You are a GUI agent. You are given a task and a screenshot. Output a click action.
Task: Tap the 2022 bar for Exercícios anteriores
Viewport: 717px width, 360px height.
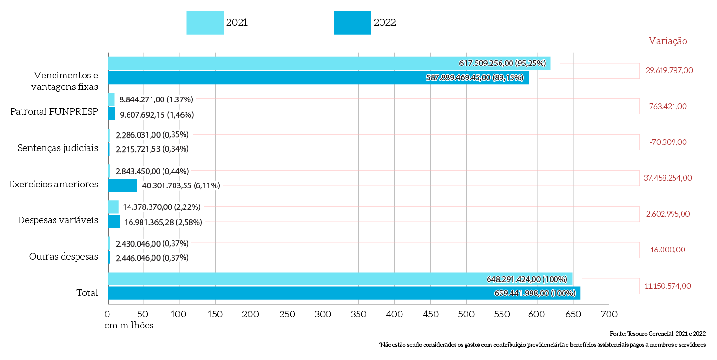click(x=122, y=185)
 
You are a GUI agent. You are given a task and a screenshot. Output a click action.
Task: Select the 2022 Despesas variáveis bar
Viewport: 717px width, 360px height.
click(x=114, y=221)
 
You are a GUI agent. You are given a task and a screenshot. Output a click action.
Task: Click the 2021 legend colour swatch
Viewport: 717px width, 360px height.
click(x=205, y=22)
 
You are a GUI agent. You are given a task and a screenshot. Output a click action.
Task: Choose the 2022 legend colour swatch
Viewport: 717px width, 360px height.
click(x=352, y=22)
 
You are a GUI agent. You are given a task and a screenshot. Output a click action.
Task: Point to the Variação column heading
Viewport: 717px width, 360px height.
click(x=668, y=41)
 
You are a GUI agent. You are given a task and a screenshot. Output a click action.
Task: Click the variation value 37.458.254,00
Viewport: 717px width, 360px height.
click(x=668, y=178)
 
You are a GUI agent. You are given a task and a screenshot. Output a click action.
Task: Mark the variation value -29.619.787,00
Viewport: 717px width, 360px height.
click(x=668, y=70)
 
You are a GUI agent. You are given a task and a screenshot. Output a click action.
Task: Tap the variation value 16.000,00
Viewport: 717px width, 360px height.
click(x=668, y=250)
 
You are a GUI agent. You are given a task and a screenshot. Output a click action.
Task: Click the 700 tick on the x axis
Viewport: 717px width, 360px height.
click(x=609, y=315)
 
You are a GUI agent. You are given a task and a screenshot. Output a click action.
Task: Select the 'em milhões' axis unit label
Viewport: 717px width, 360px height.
click(x=129, y=326)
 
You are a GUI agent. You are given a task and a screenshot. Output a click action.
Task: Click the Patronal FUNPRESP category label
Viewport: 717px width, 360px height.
click(x=54, y=112)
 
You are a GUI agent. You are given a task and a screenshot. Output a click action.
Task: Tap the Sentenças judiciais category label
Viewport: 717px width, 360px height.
click(x=58, y=148)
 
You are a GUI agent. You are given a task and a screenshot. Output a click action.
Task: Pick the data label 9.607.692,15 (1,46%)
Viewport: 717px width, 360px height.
click(x=156, y=114)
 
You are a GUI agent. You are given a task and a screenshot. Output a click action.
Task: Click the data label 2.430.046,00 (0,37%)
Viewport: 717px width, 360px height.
click(x=152, y=243)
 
